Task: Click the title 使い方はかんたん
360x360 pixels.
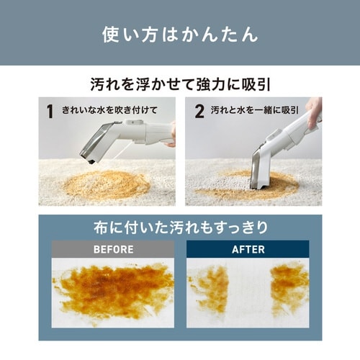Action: point(180,35)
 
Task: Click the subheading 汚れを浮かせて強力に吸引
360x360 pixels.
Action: point(180,84)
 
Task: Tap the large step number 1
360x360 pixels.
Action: point(50,111)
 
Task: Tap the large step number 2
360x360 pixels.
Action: point(199,111)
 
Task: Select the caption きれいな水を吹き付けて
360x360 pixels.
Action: point(109,110)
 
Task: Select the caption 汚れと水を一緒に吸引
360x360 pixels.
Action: point(255,110)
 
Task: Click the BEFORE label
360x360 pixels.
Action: point(114,249)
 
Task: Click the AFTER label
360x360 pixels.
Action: point(248,249)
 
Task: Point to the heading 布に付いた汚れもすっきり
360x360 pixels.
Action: point(181,228)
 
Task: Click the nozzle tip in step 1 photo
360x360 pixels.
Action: point(90,161)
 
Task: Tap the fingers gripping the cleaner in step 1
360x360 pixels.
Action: point(172,135)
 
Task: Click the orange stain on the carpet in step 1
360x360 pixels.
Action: point(107,184)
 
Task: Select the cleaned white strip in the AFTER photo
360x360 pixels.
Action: point(250,293)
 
